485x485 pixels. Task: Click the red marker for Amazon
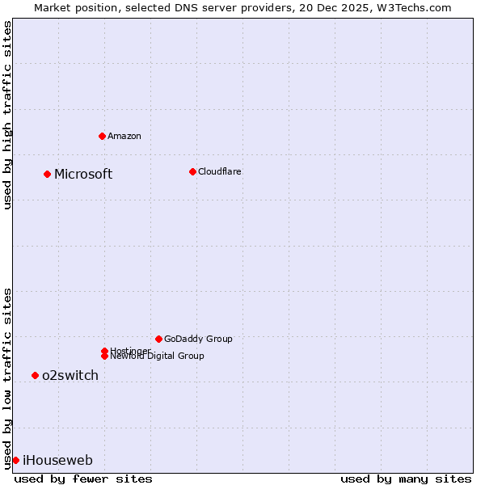102,136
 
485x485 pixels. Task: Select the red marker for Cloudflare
192,171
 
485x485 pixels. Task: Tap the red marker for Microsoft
47,174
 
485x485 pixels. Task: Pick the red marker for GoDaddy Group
158,339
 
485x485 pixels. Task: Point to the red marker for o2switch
35,375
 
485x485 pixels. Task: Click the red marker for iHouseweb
15,460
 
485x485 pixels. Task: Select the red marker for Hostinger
104,351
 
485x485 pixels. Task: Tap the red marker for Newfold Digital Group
104,356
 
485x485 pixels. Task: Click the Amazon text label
124,136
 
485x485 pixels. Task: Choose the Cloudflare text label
219,171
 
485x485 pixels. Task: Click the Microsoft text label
83,174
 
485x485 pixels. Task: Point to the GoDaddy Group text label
198,339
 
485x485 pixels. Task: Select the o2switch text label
70,375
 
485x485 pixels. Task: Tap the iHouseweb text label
57,460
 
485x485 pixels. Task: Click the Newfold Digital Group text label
158,356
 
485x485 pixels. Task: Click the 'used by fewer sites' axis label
83,479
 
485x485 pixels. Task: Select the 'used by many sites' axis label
406,479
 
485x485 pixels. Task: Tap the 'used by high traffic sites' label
7,115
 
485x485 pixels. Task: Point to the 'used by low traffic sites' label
7,377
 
